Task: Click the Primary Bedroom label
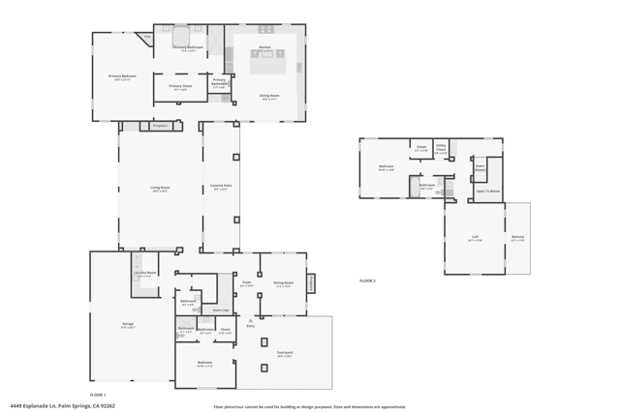[x=121, y=75]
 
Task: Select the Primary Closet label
[x=180, y=86]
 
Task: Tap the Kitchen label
[x=264, y=45]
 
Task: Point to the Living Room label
[x=160, y=188]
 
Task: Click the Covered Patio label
[x=221, y=186]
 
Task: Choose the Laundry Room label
[x=144, y=273]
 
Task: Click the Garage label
[x=128, y=324]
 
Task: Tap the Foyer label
[x=246, y=283]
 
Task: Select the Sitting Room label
[x=283, y=283]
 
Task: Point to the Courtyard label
[x=285, y=353]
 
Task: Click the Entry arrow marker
[x=251, y=320]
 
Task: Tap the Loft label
[x=475, y=237]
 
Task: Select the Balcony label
[x=517, y=237]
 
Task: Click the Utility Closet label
[x=441, y=148]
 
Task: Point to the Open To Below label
[x=487, y=191]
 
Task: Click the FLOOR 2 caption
[x=367, y=280]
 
